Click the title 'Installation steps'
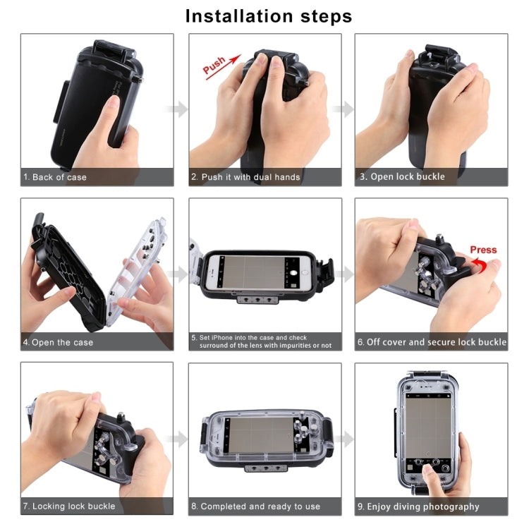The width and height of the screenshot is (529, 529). click(268, 16)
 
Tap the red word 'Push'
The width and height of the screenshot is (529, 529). click(214, 65)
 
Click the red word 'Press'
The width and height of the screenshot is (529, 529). click(483, 250)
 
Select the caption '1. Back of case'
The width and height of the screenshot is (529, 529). click(55, 177)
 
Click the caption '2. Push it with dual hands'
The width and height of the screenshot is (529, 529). click(245, 177)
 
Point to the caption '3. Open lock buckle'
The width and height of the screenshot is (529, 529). click(403, 177)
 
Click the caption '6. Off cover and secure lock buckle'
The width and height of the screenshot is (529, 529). click(432, 342)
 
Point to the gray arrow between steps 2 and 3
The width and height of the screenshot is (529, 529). click(344, 109)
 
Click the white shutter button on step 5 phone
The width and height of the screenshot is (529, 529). click(294, 271)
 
